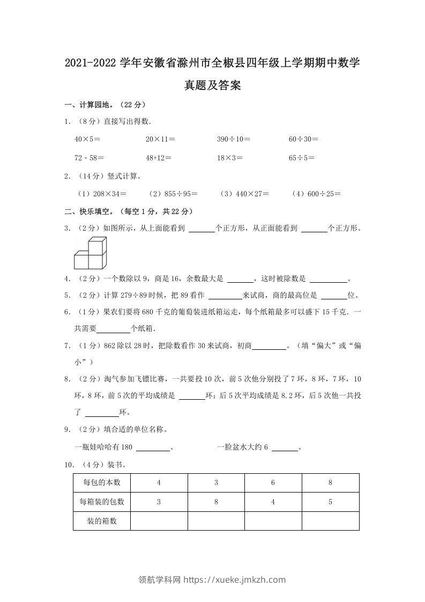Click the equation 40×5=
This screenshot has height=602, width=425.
click(x=87, y=139)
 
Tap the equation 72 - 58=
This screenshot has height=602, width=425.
click(x=90, y=158)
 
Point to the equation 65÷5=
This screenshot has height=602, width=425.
click(x=302, y=158)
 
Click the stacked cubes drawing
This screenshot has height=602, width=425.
click(x=90, y=253)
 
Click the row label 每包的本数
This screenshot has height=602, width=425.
click(x=102, y=483)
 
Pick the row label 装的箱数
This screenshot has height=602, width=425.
click(x=102, y=520)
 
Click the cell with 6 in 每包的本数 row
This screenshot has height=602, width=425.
click(x=273, y=483)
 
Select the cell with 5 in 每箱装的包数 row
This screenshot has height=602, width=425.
click(x=330, y=502)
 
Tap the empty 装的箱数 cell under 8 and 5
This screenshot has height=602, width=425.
click(x=330, y=520)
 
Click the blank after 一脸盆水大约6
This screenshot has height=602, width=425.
click(x=288, y=447)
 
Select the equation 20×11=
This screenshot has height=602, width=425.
click(x=160, y=139)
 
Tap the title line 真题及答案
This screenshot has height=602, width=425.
click(x=212, y=85)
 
